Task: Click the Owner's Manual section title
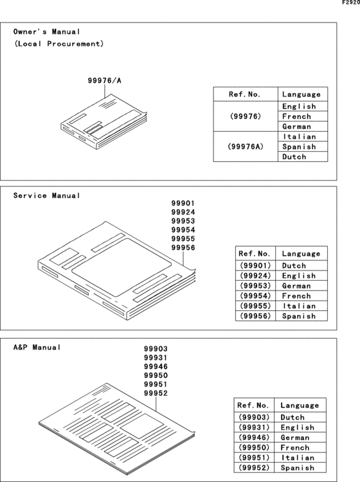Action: tap(47, 31)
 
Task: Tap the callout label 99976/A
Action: tap(104, 81)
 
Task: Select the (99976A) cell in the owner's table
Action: tap(245, 147)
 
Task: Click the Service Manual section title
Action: tap(47, 195)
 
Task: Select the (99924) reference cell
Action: tap(255, 276)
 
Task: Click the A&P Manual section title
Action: tap(37, 347)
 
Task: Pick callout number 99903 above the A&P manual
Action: tap(156, 349)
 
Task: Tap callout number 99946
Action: tap(156, 367)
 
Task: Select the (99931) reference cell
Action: tap(253, 427)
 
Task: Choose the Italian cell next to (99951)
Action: tap(298, 458)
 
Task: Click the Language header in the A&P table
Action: tap(300, 406)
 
